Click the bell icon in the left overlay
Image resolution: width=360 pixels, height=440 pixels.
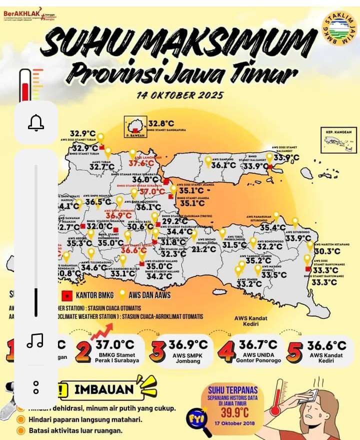[36, 123]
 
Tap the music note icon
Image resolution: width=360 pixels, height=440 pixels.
[35, 341]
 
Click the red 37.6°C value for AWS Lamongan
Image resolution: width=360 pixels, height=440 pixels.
[141, 163]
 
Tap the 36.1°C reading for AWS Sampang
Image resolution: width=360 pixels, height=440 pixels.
[223, 165]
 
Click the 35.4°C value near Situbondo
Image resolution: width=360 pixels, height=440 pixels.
[273, 228]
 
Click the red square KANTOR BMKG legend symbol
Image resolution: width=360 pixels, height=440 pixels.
[66, 295]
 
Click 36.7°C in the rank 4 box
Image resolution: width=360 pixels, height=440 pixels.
[258, 345]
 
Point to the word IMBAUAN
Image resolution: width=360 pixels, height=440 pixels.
[104, 389]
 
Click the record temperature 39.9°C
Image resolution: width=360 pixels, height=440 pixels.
[235, 412]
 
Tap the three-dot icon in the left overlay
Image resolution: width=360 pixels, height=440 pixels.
[35, 387]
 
